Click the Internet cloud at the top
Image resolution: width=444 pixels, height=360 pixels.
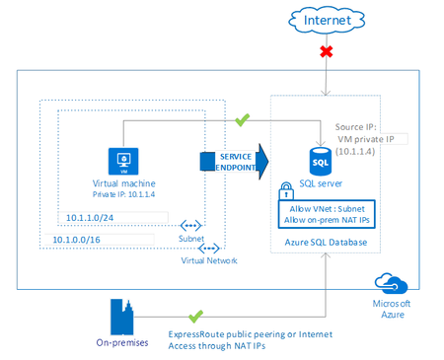tap(326, 20)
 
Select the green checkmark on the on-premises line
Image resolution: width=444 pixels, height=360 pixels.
tap(195, 316)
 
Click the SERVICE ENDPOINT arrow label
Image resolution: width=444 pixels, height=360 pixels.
tap(235, 160)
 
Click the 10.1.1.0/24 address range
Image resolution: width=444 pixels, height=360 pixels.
tap(92, 216)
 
